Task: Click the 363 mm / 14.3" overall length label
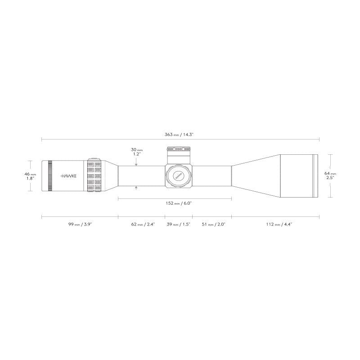click(180, 134)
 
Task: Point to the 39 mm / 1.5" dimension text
click(178, 224)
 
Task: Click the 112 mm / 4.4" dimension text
click(276, 224)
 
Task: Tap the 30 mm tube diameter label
click(136, 149)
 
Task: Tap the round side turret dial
click(179, 176)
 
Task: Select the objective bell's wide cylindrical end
click(297, 176)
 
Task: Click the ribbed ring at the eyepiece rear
click(50, 176)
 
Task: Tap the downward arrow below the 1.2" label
click(136, 163)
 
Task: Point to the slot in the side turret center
click(179, 176)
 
